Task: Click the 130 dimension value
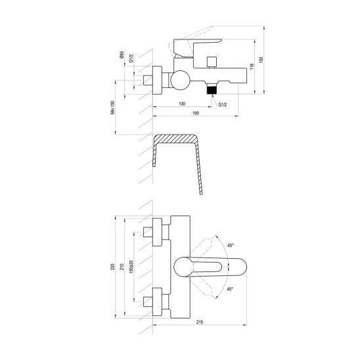(182, 104)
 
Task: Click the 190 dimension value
(196, 113)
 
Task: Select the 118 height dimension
(252, 66)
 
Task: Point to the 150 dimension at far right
(261, 60)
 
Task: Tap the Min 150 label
(112, 107)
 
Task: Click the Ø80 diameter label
(122, 55)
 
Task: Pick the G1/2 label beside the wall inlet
(131, 58)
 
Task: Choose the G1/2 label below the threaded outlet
(223, 104)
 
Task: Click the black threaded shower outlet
(212, 89)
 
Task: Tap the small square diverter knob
(211, 61)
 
